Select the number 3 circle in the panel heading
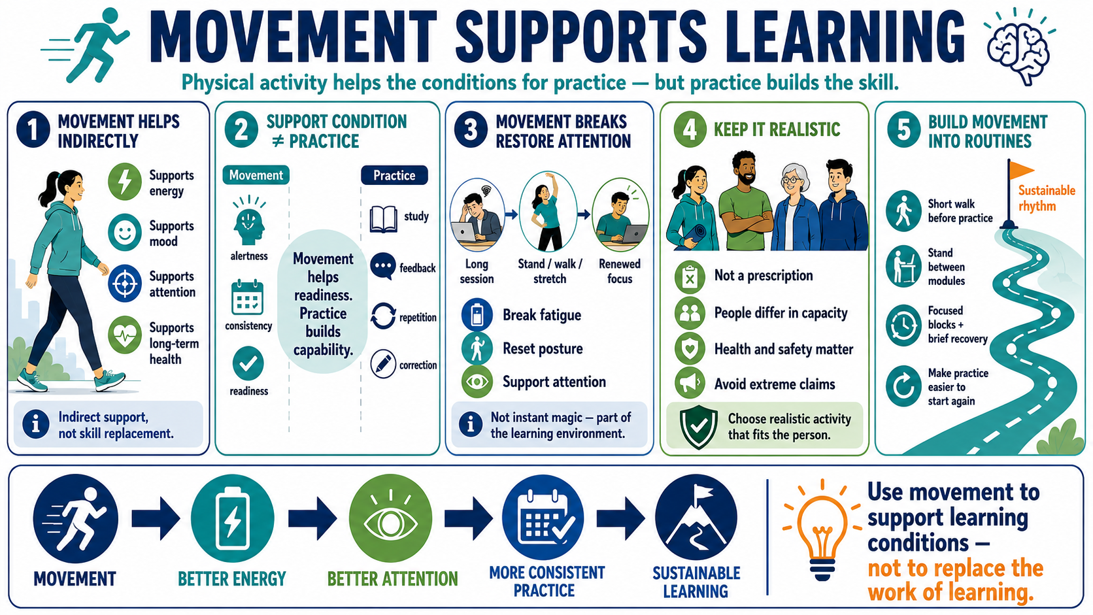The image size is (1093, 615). coord(471,130)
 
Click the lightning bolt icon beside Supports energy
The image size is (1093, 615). coord(125,182)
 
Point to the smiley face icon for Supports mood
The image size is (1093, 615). coord(125,233)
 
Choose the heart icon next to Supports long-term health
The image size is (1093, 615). coord(125,335)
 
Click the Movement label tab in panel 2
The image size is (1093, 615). coord(256,175)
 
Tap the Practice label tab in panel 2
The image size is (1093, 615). coord(394,175)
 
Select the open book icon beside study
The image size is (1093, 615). coord(384,219)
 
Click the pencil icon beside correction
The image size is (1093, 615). coord(384,364)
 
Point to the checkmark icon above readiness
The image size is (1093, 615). coord(248,363)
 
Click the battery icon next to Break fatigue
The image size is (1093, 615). coord(477,314)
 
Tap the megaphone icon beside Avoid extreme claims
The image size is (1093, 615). coord(690,383)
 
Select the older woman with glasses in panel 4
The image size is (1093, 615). coord(795,207)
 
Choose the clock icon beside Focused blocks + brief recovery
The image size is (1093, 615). coord(903,325)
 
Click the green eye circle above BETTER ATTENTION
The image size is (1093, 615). coord(390,518)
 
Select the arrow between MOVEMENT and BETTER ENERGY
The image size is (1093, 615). coord(156,518)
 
